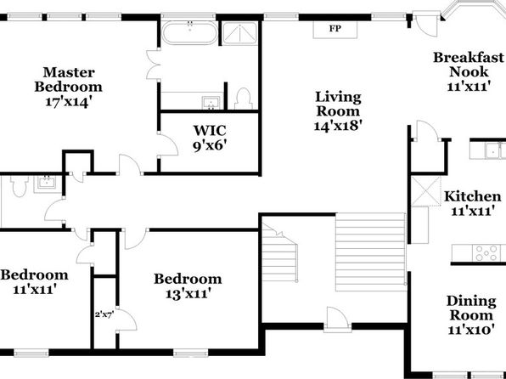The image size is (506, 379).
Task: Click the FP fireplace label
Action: (335, 28)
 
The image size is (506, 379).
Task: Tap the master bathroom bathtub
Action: (190, 32)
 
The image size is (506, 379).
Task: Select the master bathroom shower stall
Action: (239, 33)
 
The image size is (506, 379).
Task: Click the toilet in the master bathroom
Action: (243, 99)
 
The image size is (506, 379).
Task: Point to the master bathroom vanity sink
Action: (211, 103)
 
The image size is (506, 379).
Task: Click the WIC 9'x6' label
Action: (210, 138)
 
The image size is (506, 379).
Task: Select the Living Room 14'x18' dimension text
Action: (337, 126)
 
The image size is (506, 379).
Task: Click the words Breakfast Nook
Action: (469, 65)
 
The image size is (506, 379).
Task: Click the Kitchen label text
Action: (473, 196)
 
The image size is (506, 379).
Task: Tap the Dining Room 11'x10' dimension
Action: (471, 330)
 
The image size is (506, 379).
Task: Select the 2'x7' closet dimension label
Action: (104, 314)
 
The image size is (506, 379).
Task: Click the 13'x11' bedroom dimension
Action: (188, 294)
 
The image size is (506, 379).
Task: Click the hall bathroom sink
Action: (48, 184)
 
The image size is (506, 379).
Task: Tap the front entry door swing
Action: (338, 319)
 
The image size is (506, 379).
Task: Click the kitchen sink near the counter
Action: (493, 150)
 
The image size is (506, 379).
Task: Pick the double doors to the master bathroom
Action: (154, 65)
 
